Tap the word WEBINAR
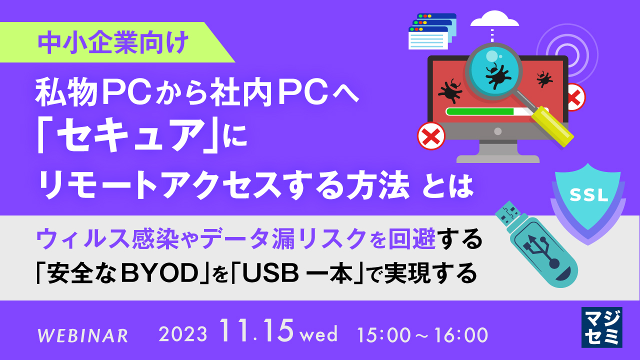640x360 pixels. [x=83, y=335]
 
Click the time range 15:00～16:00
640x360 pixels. [x=423, y=334]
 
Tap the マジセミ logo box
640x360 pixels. [x=601, y=327]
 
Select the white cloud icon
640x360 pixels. [x=493, y=20]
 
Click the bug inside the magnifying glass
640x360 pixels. [x=494, y=73]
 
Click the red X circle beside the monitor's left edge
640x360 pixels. [x=431, y=134]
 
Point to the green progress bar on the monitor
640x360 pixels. [x=480, y=111]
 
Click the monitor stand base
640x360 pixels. [x=497, y=157]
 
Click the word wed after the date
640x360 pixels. [x=319, y=334]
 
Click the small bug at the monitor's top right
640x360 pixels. [x=544, y=78]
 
